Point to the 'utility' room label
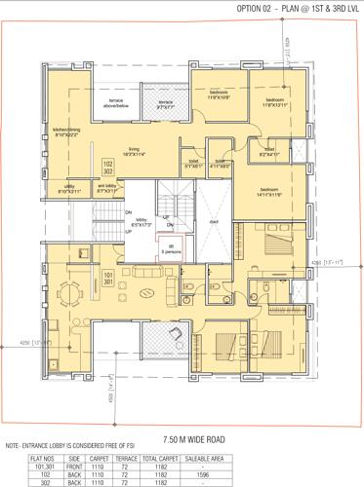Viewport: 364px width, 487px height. click(68, 189)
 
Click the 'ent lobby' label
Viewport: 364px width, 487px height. click(105, 189)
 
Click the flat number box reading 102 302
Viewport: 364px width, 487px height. click(108, 167)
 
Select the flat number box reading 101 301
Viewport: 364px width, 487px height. click(108, 279)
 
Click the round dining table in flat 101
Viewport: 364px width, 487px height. click(67, 289)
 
